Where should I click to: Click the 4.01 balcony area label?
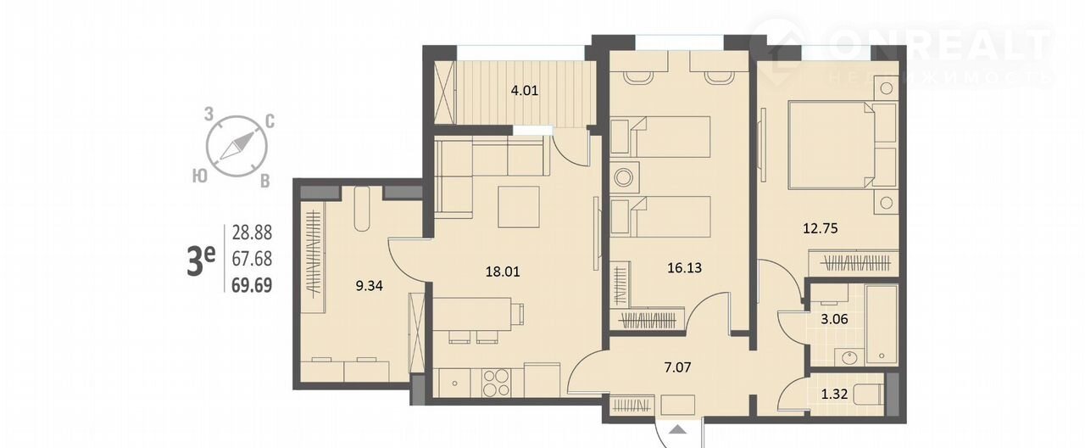tap(525, 91)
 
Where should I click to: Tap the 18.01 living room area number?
tap(503, 272)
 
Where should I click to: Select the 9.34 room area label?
tap(369, 286)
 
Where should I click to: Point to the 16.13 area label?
tap(684, 267)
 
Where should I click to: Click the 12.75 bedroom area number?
tap(821, 228)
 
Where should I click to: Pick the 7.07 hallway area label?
tap(677, 367)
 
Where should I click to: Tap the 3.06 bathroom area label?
tap(834, 319)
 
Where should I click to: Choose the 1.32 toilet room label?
tap(835, 394)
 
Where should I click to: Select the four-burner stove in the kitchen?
tap(496, 383)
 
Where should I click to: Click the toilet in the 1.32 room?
tap(869, 395)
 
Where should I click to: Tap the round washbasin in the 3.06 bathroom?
tap(849, 358)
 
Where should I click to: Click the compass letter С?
tap(270, 121)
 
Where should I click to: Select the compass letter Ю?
tap(200, 176)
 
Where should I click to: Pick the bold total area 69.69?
tap(252, 285)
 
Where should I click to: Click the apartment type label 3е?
tap(201, 260)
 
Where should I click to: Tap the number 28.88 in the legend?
tap(252, 232)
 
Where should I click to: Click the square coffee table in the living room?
tap(519, 207)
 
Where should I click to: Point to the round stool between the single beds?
tap(624, 177)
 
